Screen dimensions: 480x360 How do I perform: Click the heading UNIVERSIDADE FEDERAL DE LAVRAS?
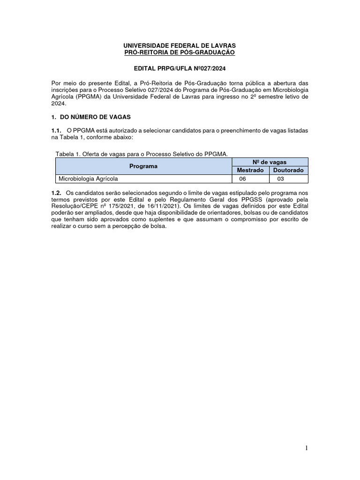click(180, 46)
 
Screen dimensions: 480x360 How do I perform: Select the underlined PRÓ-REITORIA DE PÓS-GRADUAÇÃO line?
click(180, 52)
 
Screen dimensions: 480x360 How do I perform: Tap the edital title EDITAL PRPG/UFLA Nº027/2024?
click(180, 68)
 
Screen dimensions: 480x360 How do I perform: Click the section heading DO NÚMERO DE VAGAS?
click(94, 116)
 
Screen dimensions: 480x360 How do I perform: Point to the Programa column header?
click(143, 166)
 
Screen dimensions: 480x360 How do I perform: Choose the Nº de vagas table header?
click(270, 162)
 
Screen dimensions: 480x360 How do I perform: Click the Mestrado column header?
click(250, 170)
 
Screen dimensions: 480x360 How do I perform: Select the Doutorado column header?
click(288, 170)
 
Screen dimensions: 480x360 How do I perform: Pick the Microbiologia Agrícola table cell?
click(87, 179)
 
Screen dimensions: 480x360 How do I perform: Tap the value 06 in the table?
click(242, 179)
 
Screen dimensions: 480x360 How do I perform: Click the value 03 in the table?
click(280, 179)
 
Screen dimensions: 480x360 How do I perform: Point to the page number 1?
click(307, 449)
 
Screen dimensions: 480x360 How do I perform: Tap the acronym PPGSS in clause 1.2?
click(235, 199)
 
